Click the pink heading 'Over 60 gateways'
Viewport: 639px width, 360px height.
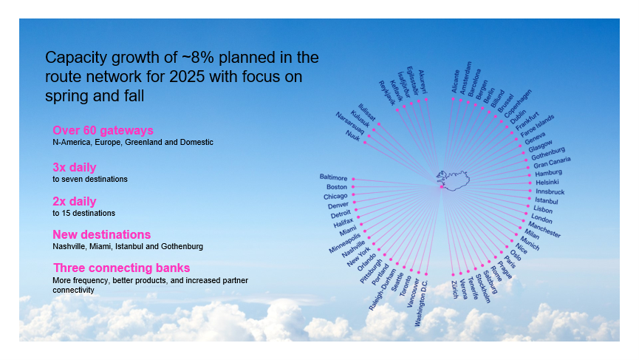coord(103,130)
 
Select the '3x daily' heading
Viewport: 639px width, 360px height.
coord(74,167)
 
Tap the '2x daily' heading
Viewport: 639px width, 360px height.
coord(74,201)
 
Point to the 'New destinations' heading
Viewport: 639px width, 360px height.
coord(101,235)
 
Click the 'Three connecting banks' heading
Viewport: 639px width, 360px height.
coord(121,268)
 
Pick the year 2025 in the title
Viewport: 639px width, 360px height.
coord(186,77)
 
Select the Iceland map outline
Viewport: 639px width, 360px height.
coord(453,180)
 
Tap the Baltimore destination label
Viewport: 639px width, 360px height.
coord(333,177)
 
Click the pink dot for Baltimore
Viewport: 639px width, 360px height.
coord(353,179)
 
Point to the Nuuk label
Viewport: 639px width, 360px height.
coord(353,136)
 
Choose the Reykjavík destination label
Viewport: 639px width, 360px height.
coord(387,93)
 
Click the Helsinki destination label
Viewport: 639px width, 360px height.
coord(547,183)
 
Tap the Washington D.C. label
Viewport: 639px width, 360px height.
coord(421,303)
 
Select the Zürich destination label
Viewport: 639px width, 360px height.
coord(455,290)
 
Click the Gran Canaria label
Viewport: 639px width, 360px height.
coord(552,163)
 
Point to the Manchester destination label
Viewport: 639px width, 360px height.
coord(544,230)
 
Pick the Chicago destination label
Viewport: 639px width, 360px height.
coord(335,197)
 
